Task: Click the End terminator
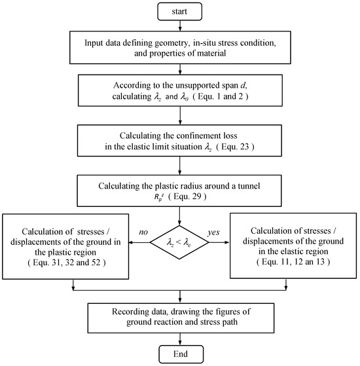(x=180, y=354)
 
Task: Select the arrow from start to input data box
(x=180, y=26)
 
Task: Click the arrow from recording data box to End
(x=180, y=336)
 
